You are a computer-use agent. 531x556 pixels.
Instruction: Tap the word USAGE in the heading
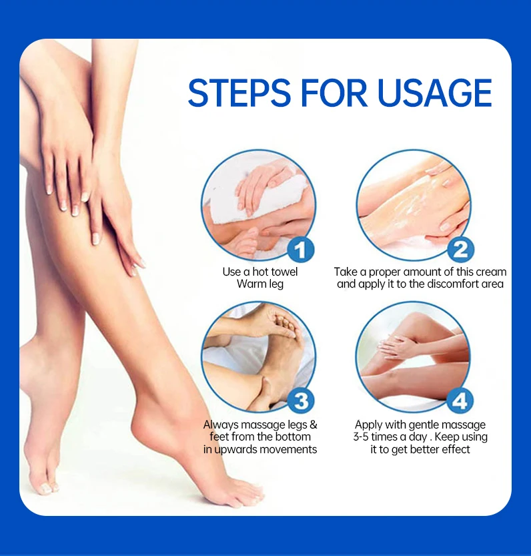click(435, 93)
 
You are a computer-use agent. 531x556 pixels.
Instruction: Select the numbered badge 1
click(301, 250)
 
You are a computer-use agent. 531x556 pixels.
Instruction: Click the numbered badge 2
click(460, 250)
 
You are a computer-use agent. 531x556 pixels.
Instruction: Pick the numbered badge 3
click(301, 400)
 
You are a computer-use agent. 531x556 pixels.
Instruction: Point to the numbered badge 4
click(460, 400)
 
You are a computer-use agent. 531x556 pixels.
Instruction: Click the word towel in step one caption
click(284, 272)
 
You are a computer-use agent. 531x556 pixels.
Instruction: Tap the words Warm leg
click(260, 284)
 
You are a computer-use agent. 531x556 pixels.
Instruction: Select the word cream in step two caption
click(490, 272)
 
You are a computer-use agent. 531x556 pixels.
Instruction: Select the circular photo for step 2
click(414, 204)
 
